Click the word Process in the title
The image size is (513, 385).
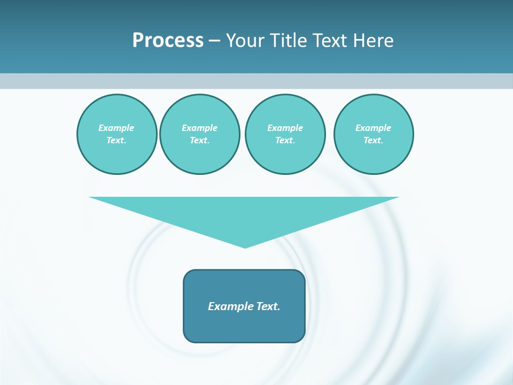coord(168,41)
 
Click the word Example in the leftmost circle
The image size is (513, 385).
coord(116,128)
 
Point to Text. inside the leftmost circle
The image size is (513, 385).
coord(116,141)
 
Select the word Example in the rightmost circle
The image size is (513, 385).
coord(374,128)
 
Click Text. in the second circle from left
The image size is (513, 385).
coord(200,141)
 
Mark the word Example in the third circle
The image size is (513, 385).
coord(285,128)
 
